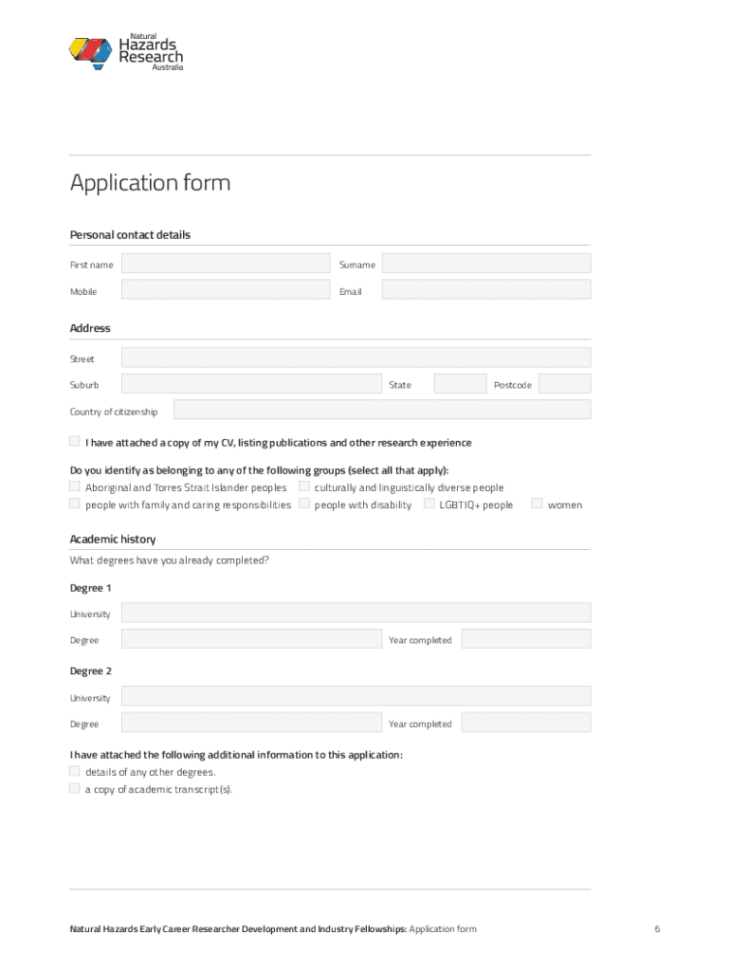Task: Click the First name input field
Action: pos(225,264)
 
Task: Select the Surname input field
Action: pos(485,264)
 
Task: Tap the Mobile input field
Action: pos(225,290)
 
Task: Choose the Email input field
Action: pos(485,290)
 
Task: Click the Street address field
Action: pos(356,357)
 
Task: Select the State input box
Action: pos(460,384)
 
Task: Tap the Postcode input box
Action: pos(564,384)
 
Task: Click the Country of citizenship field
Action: pos(381,410)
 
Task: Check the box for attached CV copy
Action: pos(75,442)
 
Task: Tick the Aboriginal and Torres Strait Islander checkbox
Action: pos(75,486)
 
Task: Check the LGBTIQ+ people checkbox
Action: pos(429,504)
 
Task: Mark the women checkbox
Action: pos(537,504)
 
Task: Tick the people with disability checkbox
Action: pos(304,504)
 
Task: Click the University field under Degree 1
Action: pos(356,613)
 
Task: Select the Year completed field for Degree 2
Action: pos(525,723)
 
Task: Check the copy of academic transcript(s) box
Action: pos(75,788)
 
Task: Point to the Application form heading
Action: pos(150,182)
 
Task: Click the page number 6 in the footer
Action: pos(656,929)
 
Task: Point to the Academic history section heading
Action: pos(113,539)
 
